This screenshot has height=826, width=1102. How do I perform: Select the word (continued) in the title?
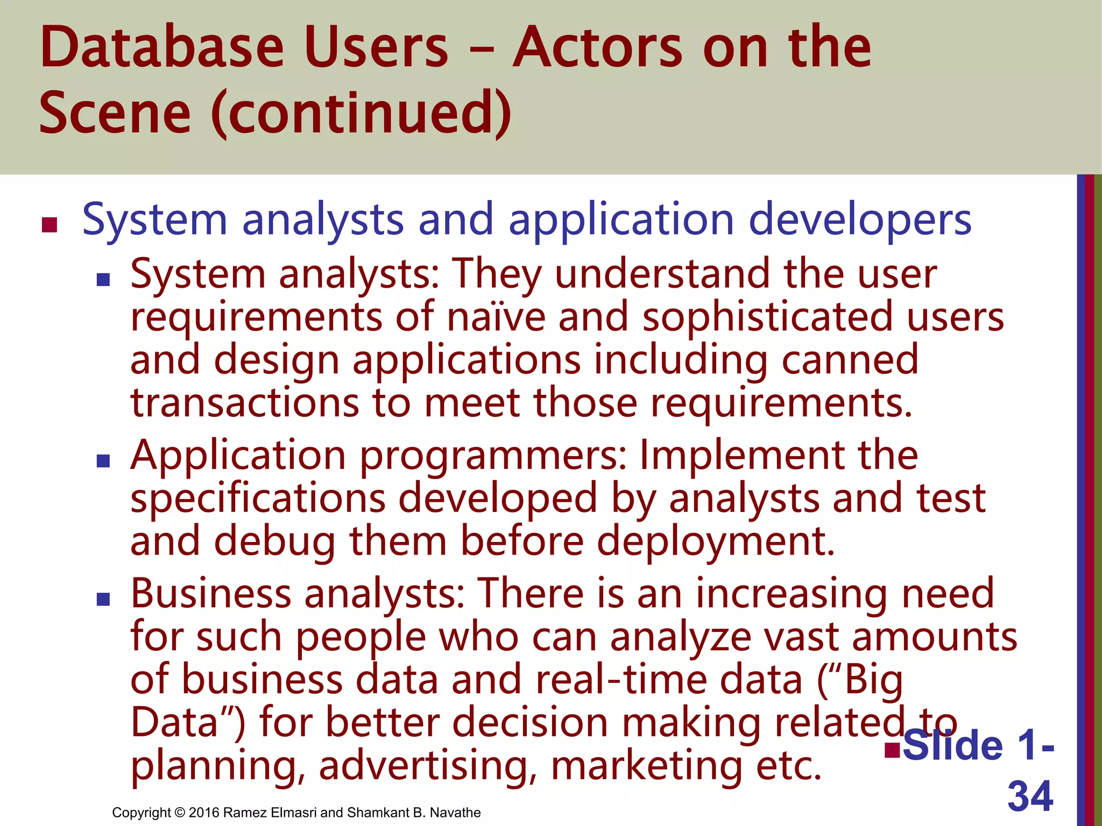coord(361,113)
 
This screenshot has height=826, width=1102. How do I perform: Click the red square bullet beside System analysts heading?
coord(50,225)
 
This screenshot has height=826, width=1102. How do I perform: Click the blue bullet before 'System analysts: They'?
coord(103,279)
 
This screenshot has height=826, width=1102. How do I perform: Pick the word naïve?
coord(496,317)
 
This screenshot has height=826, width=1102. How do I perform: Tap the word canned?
coord(850,360)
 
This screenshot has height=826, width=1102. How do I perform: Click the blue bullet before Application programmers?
coord(103,461)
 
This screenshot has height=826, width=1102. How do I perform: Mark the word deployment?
coord(716,542)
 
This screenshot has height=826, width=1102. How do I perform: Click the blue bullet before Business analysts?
coord(103,599)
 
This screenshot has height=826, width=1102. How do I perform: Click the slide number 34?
coord(1030,796)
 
